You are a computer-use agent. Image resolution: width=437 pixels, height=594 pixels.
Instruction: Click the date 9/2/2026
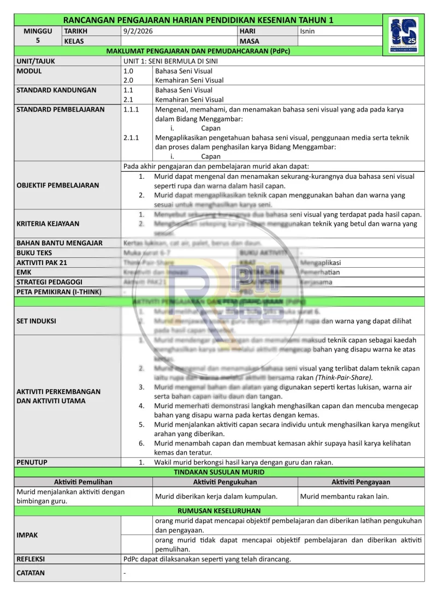135,32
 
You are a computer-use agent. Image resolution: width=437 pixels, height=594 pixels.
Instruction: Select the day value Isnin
308,32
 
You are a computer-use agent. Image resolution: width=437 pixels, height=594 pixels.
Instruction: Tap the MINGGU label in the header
38,32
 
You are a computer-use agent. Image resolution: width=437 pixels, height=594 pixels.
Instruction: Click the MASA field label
249,42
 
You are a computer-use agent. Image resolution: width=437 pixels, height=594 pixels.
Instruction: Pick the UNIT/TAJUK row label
36,61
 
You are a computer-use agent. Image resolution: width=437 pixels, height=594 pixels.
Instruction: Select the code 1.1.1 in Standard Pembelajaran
131,109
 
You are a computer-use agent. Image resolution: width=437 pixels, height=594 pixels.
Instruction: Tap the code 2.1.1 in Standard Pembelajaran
131,138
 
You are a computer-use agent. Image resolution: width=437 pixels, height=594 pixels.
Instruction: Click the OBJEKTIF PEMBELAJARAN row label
58,185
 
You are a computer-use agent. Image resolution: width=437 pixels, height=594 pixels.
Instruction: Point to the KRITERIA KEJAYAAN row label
48,224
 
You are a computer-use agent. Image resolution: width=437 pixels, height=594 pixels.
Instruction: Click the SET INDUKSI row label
37,321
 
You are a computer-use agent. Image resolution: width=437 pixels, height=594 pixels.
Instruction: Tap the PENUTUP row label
32,462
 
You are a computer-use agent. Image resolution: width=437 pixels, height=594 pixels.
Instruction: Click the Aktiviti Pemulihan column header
83,482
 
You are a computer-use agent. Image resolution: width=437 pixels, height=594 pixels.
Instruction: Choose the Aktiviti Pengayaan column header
361,482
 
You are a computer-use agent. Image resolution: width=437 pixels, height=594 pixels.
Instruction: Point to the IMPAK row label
27,535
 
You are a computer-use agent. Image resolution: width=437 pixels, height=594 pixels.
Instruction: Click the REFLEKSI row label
31,559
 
